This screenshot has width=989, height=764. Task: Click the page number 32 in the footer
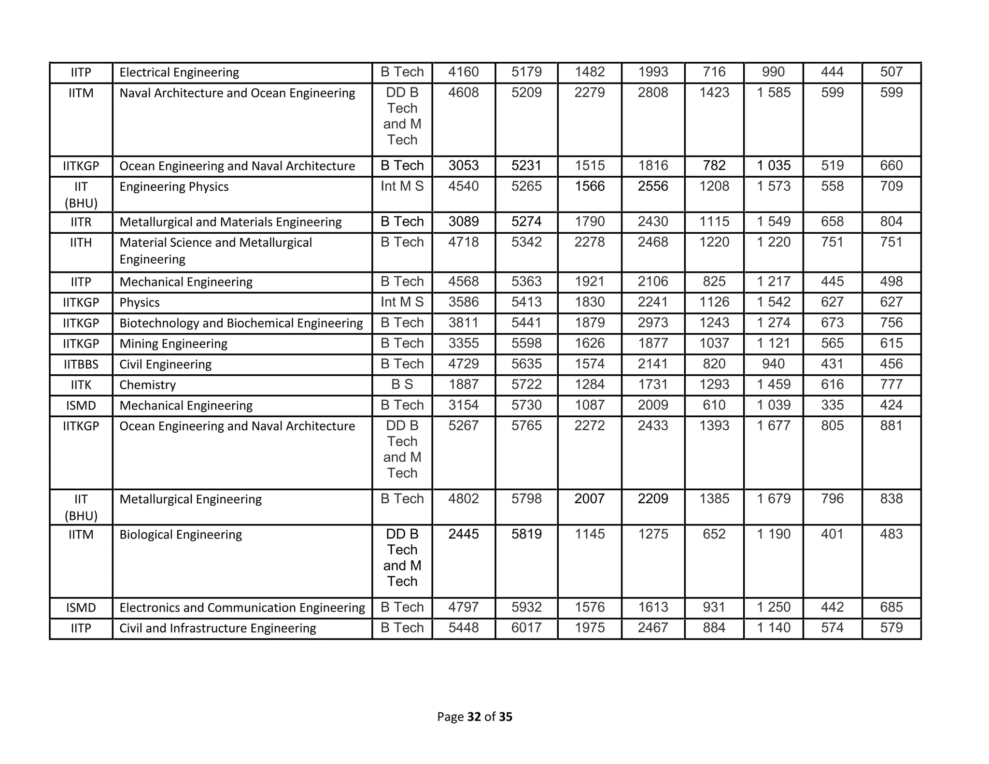(474, 717)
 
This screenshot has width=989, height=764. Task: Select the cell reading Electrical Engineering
(179, 72)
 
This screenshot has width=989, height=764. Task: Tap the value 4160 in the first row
(463, 72)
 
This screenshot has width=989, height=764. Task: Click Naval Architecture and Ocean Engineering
(237, 93)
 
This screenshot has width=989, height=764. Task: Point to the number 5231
(526, 166)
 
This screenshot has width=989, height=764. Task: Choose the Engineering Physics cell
(174, 187)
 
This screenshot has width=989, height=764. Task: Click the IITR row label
(81, 222)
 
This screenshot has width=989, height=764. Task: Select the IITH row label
(81, 242)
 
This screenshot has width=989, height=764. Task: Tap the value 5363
(526, 282)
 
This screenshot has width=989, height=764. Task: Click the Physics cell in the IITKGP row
(140, 303)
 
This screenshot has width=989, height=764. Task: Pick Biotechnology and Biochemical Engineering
(241, 323)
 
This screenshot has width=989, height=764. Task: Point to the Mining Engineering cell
(173, 344)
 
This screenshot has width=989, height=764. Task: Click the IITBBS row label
(81, 365)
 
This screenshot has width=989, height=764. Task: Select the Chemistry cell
(148, 385)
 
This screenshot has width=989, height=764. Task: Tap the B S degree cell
(402, 385)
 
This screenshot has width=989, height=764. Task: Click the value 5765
(526, 426)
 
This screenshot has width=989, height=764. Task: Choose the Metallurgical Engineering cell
(190, 499)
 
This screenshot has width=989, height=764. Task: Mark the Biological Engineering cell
(181, 535)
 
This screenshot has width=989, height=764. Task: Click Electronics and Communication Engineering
(242, 608)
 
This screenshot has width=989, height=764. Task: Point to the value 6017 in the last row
(526, 628)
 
